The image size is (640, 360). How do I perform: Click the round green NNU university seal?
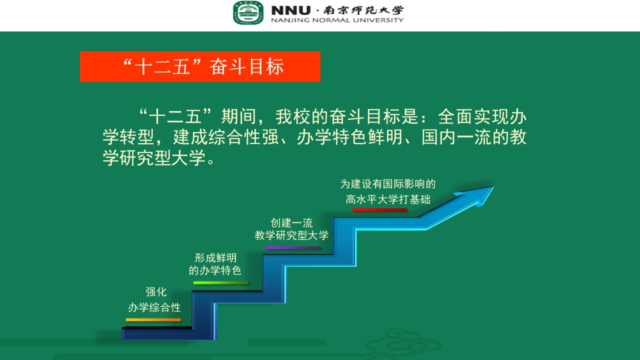tap(247, 13)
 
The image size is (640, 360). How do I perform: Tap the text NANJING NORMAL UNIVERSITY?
tap(337, 20)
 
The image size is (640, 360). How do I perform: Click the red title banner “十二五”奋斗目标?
tap(200, 66)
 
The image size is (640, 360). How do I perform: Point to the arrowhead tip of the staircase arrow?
tap(492, 187)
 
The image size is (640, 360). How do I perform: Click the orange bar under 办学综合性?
tap(153, 319)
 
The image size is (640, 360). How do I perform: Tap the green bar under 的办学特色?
tap(220, 283)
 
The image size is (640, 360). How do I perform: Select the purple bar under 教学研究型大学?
tap(292, 248)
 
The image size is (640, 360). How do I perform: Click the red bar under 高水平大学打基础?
tap(380, 210)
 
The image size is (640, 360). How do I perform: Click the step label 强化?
tap(156, 292)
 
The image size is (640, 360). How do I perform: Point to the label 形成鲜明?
tap(215, 258)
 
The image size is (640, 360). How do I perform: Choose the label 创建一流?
tap(291, 223)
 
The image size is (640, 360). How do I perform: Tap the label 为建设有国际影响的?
tap(388, 184)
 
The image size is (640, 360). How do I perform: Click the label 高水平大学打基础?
tap(388, 199)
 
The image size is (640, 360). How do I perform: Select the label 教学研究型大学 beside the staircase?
tap(291, 235)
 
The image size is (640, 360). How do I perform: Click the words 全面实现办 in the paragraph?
tap(482, 117)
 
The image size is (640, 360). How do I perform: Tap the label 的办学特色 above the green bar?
tap(215, 271)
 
